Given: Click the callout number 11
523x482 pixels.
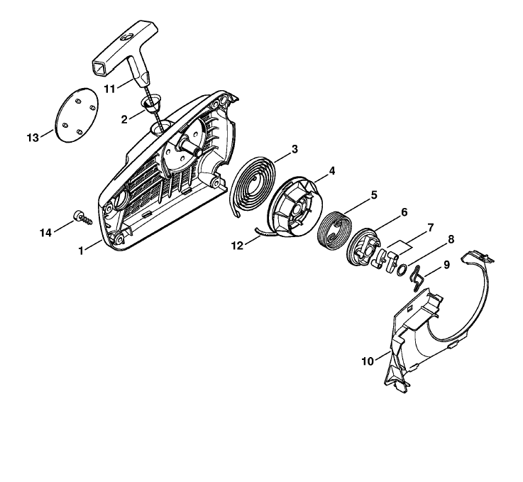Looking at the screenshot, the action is click(109, 89).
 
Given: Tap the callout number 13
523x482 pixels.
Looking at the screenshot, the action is click(33, 138).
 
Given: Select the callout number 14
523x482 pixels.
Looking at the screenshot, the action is click(45, 233).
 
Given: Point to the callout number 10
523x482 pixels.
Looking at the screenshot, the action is click(368, 361).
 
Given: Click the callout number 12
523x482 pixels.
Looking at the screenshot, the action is click(238, 246).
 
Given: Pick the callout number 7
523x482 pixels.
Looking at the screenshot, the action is click(430, 228).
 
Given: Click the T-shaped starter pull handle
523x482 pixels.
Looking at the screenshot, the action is click(124, 53).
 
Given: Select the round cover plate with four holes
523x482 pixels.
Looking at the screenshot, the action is click(77, 116).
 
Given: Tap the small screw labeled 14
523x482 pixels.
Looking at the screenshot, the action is click(82, 218).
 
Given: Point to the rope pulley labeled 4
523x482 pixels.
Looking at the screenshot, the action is click(294, 207).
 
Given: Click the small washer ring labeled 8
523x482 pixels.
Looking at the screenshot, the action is click(402, 269).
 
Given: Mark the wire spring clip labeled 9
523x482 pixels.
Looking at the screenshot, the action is click(417, 278).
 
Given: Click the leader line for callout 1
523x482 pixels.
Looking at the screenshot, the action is click(94, 244).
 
